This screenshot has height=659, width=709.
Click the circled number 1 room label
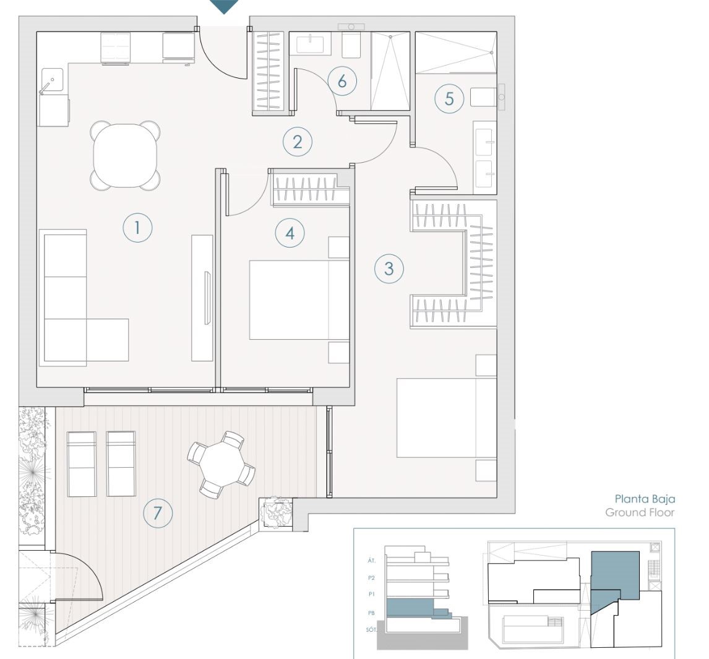137,228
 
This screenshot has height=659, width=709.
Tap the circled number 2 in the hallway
298,142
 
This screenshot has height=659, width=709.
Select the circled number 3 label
389,269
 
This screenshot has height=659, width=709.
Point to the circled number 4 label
290,233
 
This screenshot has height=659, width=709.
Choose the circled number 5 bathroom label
449,98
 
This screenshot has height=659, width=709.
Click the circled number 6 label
342,81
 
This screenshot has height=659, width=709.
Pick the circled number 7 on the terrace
158,513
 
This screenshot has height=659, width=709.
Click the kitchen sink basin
53,80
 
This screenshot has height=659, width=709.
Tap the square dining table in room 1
125,155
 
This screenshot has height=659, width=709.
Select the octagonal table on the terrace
221,465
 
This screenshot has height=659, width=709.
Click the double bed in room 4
299,299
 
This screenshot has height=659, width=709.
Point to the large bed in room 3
447,418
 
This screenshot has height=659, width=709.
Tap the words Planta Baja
644,499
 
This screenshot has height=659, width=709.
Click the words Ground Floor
640,512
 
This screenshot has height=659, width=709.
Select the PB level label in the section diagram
371,613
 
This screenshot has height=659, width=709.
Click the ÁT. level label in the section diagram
371,561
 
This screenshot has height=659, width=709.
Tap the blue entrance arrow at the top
224,6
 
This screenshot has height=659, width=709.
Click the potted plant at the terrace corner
276,512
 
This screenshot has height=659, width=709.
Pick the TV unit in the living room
202,298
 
